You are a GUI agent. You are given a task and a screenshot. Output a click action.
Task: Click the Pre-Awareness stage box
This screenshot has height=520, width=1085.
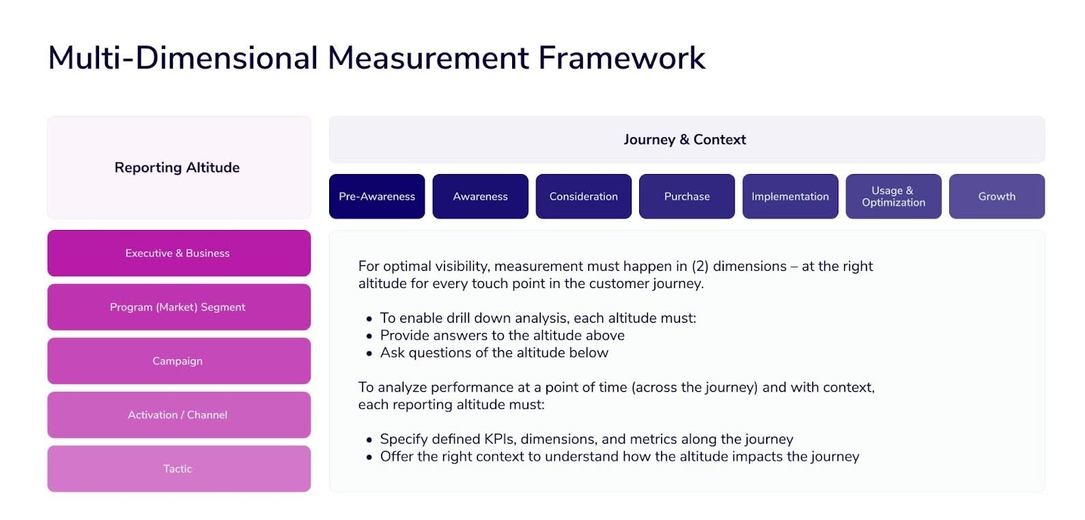pyautogui.click(x=377, y=197)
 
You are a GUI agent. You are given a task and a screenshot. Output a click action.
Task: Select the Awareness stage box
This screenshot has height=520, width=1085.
pyautogui.click(x=480, y=197)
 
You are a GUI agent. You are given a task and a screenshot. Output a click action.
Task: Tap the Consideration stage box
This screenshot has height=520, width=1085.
pyautogui.click(x=583, y=197)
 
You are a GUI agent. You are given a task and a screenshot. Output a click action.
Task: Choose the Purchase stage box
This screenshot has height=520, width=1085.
pyautogui.click(x=687, y=197)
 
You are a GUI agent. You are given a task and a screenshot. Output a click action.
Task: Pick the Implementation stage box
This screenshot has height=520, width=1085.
pyautogui.click(x=790, y=197)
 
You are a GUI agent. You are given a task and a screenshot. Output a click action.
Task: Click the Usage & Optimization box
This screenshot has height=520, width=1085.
pyautogui.click(x=893, y=197)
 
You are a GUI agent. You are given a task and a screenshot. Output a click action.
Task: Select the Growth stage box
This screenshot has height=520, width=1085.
pyautogui.click(x=996, y=197)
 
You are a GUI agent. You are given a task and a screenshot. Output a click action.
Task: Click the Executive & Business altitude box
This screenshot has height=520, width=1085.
pyautogui.click(x=178, y=253)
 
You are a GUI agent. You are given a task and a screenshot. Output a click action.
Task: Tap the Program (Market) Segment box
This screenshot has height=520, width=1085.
pyautogui.click(x=178, y=307)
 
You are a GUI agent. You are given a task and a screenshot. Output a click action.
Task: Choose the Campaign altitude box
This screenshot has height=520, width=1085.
pyautogui.click(x=178, y=361)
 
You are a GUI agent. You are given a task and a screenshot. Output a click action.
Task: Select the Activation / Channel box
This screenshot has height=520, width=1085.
pyautogui.click(x=178, y=415)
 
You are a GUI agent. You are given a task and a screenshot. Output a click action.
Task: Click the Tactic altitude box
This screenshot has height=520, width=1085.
pyautogui.click(x=178, y=469)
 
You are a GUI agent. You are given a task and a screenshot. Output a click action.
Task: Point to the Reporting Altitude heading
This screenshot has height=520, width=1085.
pyautogui.click(x=177, y=168)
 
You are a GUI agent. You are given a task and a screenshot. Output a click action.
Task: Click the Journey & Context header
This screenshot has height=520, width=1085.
pyautogui.click(x=685, y=140)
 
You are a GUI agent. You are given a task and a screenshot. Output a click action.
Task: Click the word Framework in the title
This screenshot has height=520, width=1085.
pyautogui.click(x=621, y=58)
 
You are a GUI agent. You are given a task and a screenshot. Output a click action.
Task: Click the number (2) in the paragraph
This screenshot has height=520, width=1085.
pyautogui.click(x=700, y=267)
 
